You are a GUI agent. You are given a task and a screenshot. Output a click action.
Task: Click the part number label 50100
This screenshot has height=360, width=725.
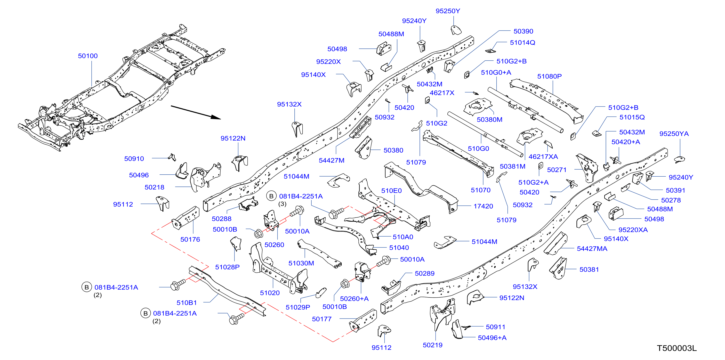88,56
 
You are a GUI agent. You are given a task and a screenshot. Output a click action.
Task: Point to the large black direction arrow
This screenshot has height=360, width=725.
196,112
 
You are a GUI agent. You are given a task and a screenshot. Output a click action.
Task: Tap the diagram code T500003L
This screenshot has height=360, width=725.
677,348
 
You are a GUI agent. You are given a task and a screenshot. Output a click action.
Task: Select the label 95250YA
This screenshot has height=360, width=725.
674,134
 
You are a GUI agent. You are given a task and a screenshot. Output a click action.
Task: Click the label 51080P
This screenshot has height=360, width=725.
549,76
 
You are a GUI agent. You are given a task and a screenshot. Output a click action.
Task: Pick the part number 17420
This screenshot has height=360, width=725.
483,206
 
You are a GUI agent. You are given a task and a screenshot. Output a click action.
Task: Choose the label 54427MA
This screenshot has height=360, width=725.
592,249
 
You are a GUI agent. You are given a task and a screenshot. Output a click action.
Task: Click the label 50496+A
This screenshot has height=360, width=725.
492,338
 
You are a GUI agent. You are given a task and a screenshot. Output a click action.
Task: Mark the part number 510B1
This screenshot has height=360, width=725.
187,303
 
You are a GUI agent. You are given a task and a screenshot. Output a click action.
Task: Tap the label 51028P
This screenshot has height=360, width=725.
227,267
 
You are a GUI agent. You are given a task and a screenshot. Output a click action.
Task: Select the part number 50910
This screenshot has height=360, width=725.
134,159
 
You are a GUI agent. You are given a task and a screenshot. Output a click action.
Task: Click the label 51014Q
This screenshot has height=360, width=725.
523,42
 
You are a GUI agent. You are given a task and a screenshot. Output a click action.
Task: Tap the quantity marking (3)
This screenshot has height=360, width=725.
282,204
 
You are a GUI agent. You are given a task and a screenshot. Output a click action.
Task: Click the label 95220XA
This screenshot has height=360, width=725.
633,230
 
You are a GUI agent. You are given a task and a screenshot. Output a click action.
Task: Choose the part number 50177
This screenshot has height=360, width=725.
322,319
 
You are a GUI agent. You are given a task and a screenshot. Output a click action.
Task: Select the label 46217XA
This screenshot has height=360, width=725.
543,157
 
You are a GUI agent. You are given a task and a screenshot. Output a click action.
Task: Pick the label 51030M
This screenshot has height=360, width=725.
301,263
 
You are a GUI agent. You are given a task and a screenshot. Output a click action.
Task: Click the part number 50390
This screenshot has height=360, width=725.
523,31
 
